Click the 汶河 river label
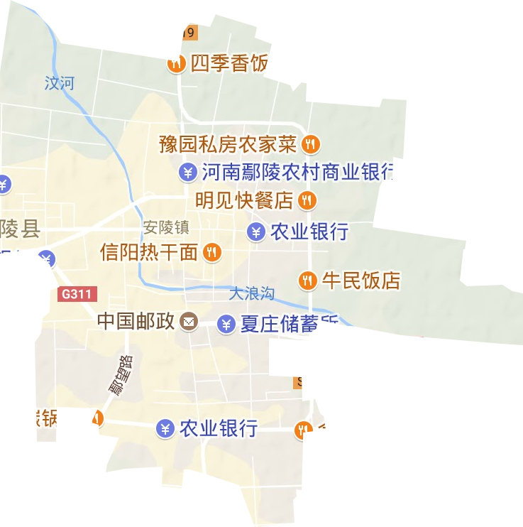pos(59,83)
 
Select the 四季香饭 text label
pos(227,65)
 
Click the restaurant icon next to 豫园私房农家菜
pos(310,145)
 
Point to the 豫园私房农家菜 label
pos(227,145)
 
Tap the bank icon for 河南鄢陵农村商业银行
pos(187,172)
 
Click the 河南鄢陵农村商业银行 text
pos(297,172)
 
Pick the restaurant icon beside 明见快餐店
pos(307,200)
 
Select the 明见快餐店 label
pos(244,200)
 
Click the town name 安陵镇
pos(166,227)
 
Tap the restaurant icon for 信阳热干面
pos(211,251)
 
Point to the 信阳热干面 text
pos(149,251)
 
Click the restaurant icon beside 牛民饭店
pos(307,280)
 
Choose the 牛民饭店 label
pos(361,280)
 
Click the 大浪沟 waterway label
pos(251,292)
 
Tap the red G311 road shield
pos(75,293)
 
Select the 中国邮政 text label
pos(136,322)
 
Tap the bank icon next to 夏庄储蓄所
pos(226,325)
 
